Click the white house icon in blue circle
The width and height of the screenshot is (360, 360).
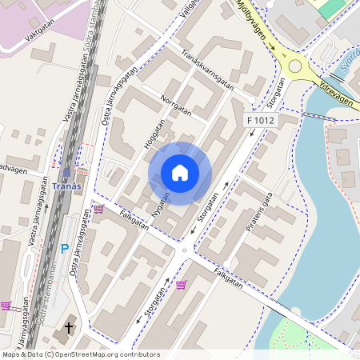(x=180, y=173)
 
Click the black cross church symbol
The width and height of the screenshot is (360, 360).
(x=69, y=326)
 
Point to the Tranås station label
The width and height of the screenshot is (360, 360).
(x=66, y=186)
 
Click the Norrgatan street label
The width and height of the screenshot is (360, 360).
(x=177, y=106)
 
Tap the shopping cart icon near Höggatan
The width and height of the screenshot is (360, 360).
(x=98, y=209)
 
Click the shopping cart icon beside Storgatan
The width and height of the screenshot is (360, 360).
(x=181, y=284)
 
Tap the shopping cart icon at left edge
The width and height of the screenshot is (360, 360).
(x=6, y=306)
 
